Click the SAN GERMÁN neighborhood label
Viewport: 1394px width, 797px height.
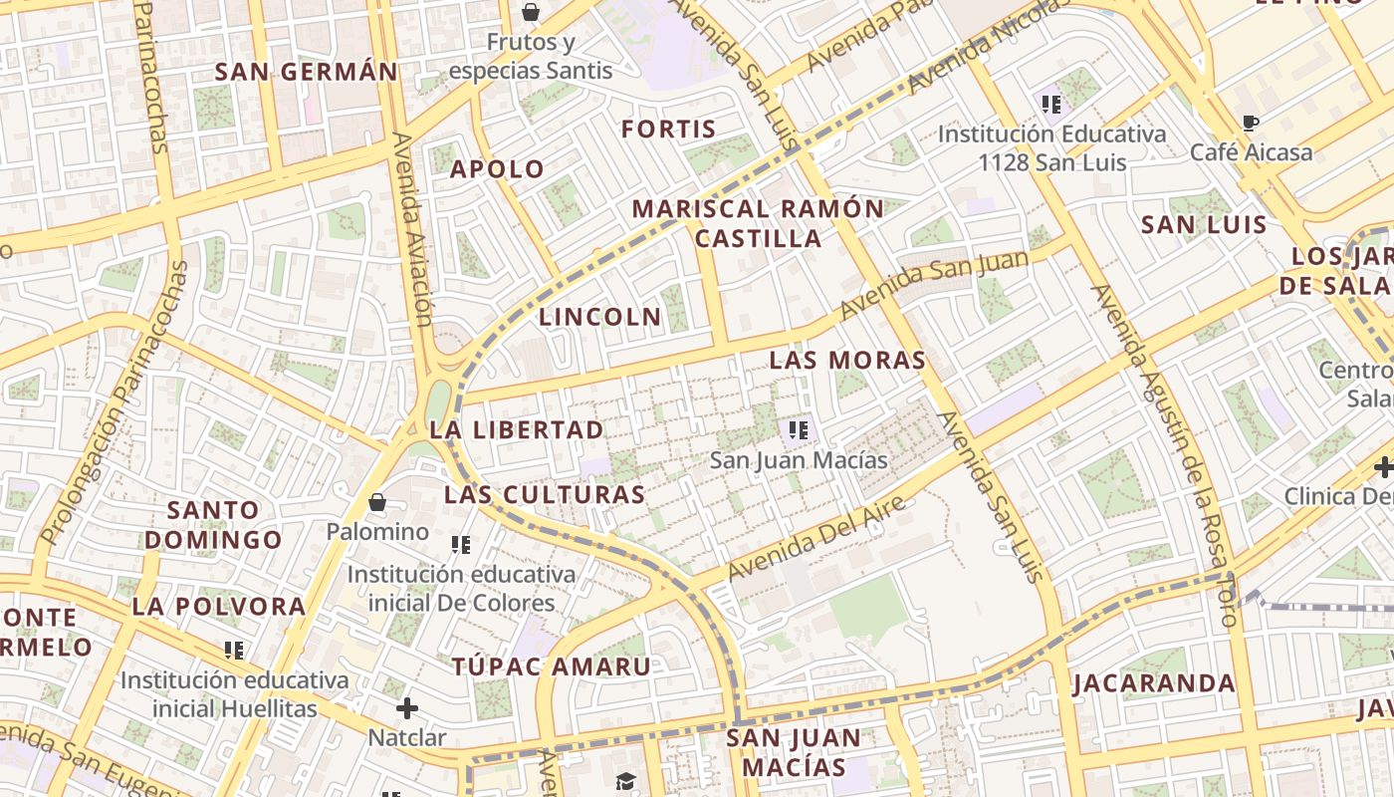pyautogui.click(x=307, y=72)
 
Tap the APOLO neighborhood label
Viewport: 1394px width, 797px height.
pyautogui.click(x=498, y=169)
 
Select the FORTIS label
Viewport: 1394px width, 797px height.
pyautogui.click(x=669, y=130)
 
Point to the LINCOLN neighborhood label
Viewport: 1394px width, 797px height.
pyautogui.click(x=600, y=318)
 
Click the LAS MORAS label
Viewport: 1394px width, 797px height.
pyautogui.click(x=847, y=361)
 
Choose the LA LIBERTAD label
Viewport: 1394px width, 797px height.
pyautogui.click(x=517, y=430)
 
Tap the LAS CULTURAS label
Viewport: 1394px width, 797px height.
pyautogui.click(x=545, y=495)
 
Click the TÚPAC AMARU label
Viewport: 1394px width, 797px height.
pyautogui.click(x=552, y=667)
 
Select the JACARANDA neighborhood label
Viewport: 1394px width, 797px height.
pyautogui.click(x=1154, y=684)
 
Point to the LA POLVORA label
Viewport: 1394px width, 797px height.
pyautogui.click(x=219, y=607)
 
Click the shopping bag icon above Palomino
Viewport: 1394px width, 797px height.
pyautogui.click(x=377, y=502)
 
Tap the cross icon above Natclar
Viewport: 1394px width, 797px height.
pyautogui.click(x=407, y=708)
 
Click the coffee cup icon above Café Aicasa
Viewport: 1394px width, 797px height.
pyautogui.click(x=1251, y=124)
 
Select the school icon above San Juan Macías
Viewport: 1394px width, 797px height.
pyautogui.click(x=798, y=430)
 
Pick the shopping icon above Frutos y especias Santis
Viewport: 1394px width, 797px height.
pyautogui.click(x=531, y=13)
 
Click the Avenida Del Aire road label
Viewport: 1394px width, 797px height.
pyautogui.click(x=816, y=539)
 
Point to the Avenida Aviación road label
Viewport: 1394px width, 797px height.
pyautogui.click(x=413, y=229)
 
